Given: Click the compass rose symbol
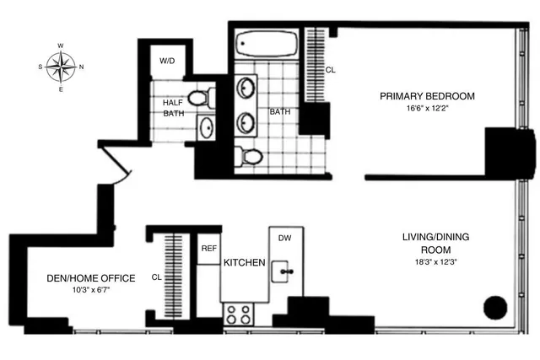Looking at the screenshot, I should click(61, 65).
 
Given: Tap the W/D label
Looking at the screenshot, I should click(169, 62).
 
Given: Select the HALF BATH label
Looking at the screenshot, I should click(172, 110).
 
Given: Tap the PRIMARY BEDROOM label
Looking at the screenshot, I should click(427, 96).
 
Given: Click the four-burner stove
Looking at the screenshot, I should click(237, 314).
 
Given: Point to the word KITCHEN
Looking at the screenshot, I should click(245, 263).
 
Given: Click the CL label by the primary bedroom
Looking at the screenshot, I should click(329, 71).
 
